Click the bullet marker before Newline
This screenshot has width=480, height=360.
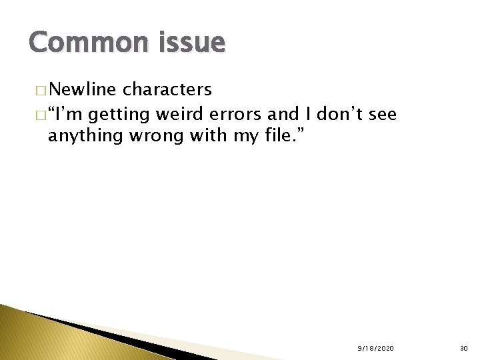pyautogui.click(x=43, y=91)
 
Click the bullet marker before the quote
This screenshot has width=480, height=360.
pyautogui.click(x=43, y=115)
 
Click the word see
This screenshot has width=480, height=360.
pyautogui.click(x=383, y=115)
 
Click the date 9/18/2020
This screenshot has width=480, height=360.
pyautogui.click(x=375, y=349)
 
